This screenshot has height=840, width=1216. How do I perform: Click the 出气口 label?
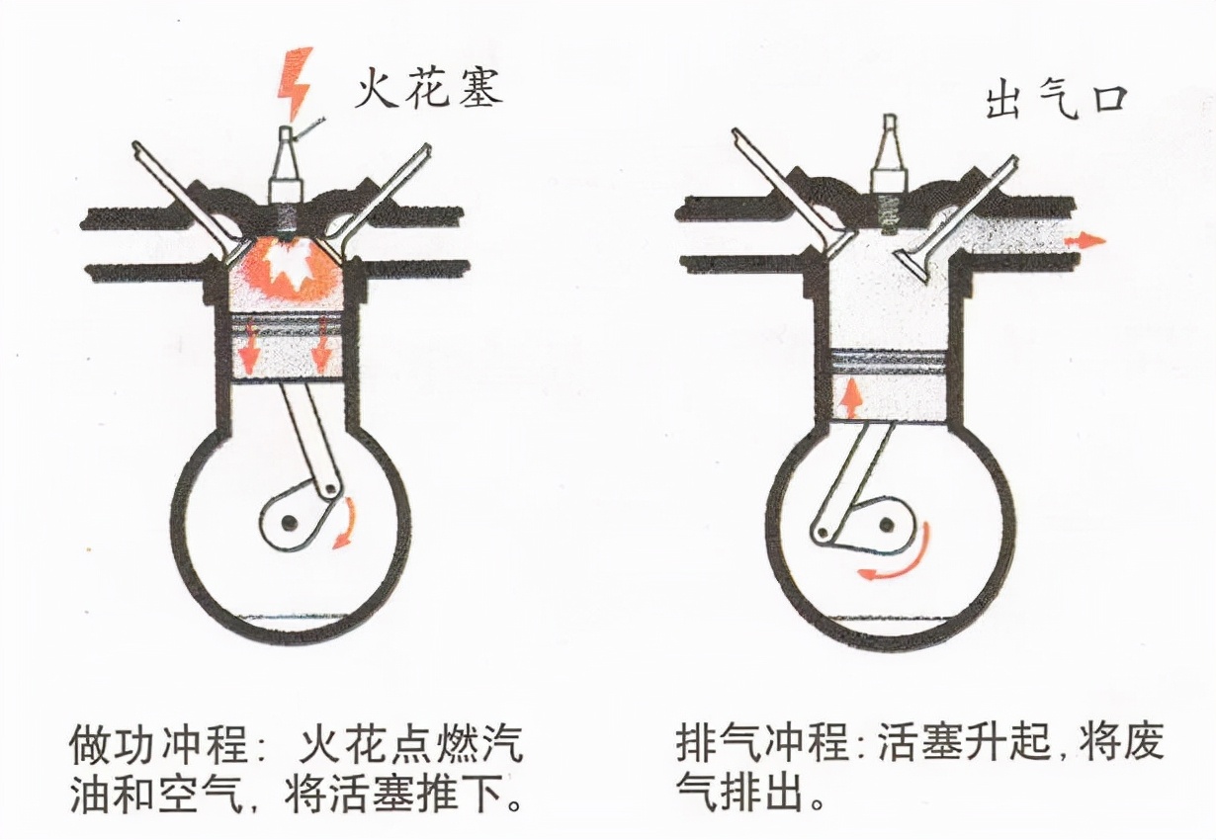tap(1056, 102)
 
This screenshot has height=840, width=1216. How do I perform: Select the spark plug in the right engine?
tap(889, 168)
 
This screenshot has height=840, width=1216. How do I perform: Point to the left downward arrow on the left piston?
tap(248, 348)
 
